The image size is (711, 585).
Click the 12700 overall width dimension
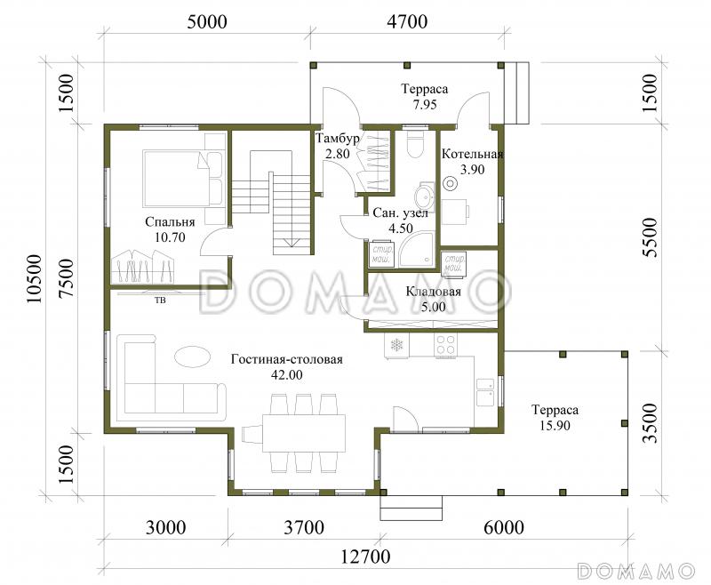[x=365, y=556]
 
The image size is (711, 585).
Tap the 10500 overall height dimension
[x=34, y=279]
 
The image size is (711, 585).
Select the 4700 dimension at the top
[x=407, y=21]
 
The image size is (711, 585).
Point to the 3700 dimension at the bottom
[x=304, y=527]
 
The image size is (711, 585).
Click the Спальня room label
[x=170, y=222]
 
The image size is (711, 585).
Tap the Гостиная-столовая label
[x=286, y=359]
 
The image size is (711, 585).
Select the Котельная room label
[x=473, y=154]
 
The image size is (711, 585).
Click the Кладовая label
[x=433, y=291]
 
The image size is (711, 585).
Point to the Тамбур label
[x=338, y=139]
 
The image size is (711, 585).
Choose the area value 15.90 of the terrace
[x=555, y=425]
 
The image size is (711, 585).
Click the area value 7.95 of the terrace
[x=425, y=104]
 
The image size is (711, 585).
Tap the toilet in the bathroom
[x=415, y=144]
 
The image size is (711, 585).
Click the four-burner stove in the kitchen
[x=445, y=345]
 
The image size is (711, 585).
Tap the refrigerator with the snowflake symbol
[x=396, y=345]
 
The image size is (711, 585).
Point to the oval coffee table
[x=192, y=357]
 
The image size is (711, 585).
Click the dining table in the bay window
[x=304, y=433]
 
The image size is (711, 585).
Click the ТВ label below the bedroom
[x=160, y=300]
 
